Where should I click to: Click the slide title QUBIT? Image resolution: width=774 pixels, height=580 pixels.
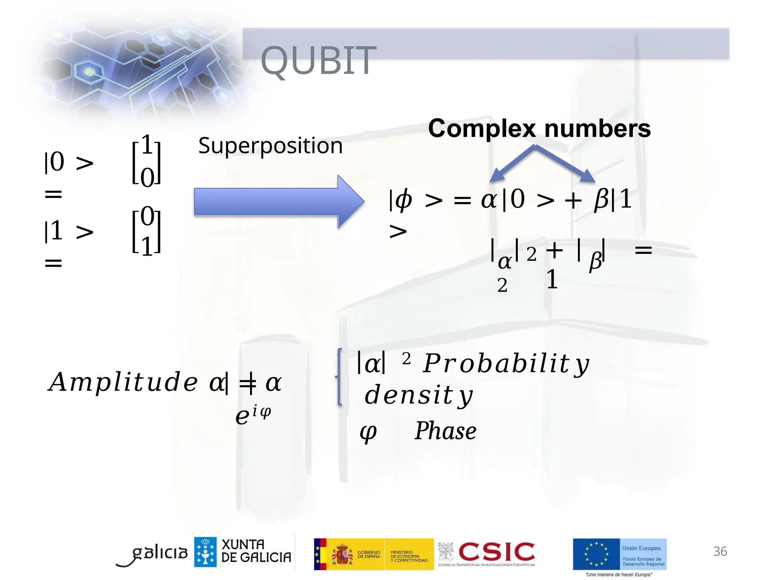pyautogui.click(x=318, y=60)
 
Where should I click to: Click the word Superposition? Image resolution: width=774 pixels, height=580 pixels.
pyautogui.click(x=270, y=146)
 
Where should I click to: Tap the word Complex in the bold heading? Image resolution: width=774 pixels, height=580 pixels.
pyautogui.click(x=482, y=129)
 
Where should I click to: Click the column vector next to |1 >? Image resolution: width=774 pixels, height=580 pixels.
pyautogui.click(x=147, y=231)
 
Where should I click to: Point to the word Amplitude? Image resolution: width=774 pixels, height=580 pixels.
pyautogui.click(x=123, y=382)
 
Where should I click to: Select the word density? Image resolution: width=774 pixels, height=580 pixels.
pyautogui.click(x=418, y=395)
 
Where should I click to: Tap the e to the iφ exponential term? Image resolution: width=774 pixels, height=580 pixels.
pyautogui.click(x=252, y=415)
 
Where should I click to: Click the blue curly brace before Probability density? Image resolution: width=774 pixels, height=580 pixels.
pyautogui.click(x=339, y=376)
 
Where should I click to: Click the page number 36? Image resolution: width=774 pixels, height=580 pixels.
pyautogui.click(x=720, y=551)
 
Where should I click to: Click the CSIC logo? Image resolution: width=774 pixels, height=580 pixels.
pyautogui.click(x=496, y=552)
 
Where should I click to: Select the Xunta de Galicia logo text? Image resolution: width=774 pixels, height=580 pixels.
pyautogui.click(x=256, y=551)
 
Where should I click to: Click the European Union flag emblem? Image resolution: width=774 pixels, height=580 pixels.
pyautogui.click(x=596, y=554)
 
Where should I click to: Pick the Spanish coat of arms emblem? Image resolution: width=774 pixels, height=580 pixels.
pyautogui.click(x=342, y=554)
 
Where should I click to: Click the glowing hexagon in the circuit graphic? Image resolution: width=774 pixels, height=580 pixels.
pyautogui.click(x=89, y=71)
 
